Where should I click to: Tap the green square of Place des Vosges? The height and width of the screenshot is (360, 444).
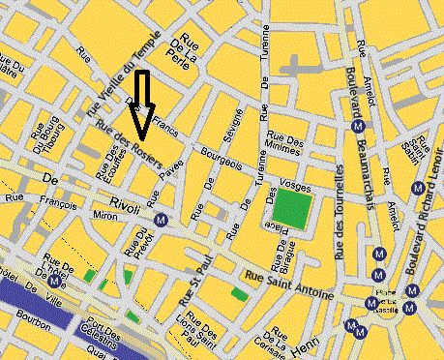point(291,208)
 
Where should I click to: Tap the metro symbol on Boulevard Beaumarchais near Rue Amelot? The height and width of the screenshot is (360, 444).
point(359,125)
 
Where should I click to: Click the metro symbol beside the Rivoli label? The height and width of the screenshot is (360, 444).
point(163,219)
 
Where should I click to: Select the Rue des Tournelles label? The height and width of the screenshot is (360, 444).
point(340,213)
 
